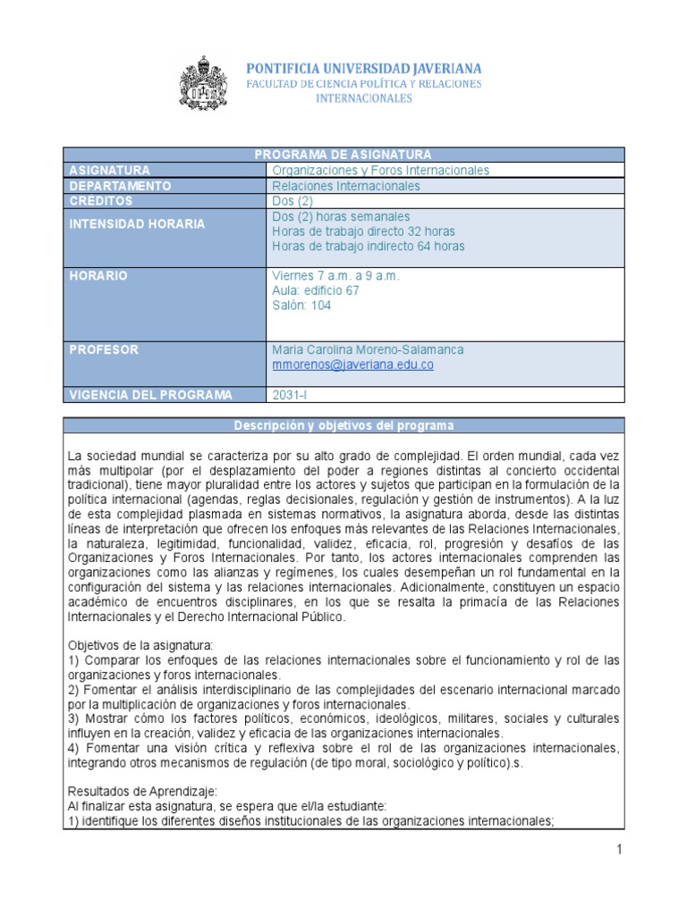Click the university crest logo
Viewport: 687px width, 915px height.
pos(204,83)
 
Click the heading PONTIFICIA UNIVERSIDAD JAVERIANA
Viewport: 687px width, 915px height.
pos(364,68)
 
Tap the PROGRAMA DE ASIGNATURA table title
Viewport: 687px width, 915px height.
pos(343,155)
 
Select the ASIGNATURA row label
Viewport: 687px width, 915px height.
pos(110,170)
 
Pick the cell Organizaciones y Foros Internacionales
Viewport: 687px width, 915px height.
pos(380,170)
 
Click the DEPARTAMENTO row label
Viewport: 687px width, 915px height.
pos(120,186)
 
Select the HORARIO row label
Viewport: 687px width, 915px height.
pos(98,276)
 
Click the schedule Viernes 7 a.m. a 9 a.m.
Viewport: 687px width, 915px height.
pos(335,275)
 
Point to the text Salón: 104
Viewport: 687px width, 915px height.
pos(301,306)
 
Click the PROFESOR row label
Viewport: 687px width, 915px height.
pos(104,349)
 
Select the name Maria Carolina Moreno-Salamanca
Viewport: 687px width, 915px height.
pos(368,349)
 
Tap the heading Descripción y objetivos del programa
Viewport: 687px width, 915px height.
pos(343,425)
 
